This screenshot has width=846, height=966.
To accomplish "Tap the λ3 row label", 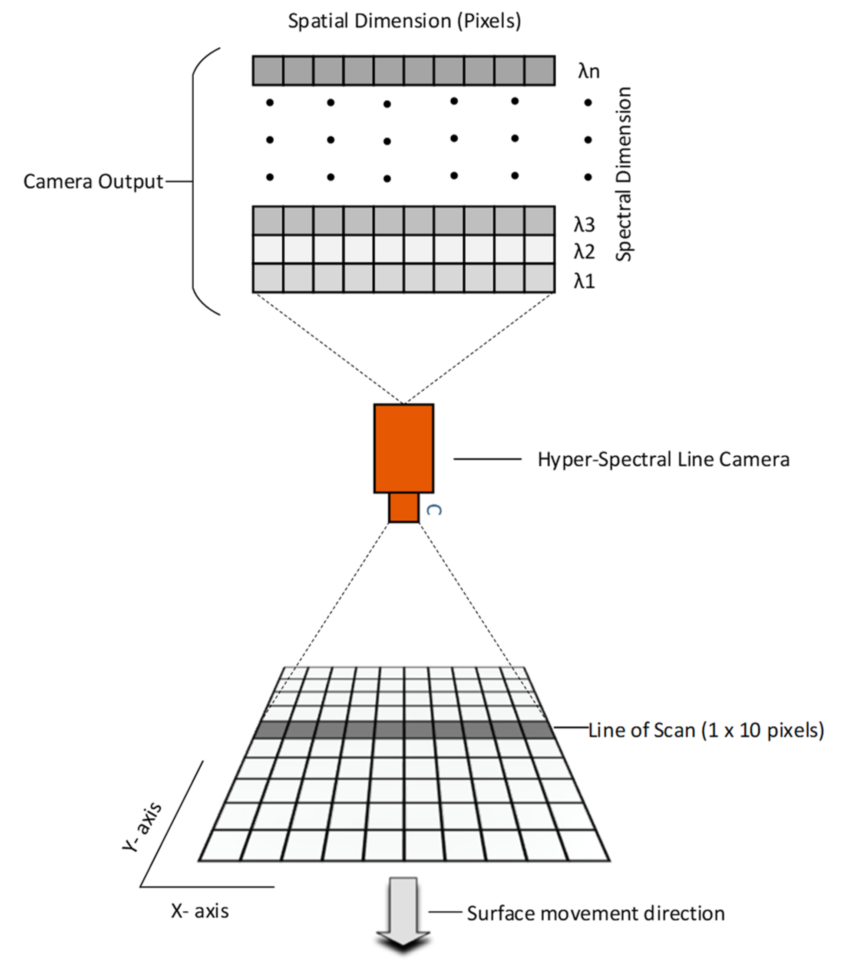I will tap(584, 224).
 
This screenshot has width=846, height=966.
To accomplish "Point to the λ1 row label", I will tap(584, 281).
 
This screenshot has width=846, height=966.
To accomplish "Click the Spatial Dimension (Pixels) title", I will tap(405, 21).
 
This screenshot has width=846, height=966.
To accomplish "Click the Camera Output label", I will tap(93, 181).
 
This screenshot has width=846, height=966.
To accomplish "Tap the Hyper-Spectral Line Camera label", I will tap(663, 459).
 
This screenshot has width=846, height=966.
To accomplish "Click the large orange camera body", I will tap(403, 448).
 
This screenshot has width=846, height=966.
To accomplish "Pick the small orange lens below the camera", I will tap(403, 507).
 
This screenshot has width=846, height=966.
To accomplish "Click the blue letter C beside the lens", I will tap(434, 510).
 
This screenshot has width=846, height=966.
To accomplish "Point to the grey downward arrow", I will tap(403, 913).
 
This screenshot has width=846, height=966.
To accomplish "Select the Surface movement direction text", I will tap(596, 913).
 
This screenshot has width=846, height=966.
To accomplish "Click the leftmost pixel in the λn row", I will tap(268, 71).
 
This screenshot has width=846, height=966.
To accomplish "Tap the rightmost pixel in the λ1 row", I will tap(540, 278).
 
